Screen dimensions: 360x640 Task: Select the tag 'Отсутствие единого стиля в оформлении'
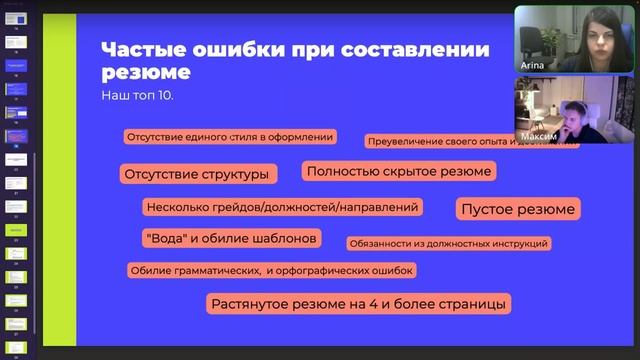pos(229,137)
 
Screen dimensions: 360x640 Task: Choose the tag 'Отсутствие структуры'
pos(196,174)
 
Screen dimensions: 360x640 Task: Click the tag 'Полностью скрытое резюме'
pos(399,171)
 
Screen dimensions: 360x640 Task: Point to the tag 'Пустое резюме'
pos(517,209)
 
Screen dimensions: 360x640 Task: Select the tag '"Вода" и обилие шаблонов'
pos(231,238)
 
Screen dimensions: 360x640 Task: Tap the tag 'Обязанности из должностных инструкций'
pos(448,243)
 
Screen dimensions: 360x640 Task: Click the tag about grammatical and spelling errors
pos(271,270)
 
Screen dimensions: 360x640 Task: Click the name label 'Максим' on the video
pos(536,135)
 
